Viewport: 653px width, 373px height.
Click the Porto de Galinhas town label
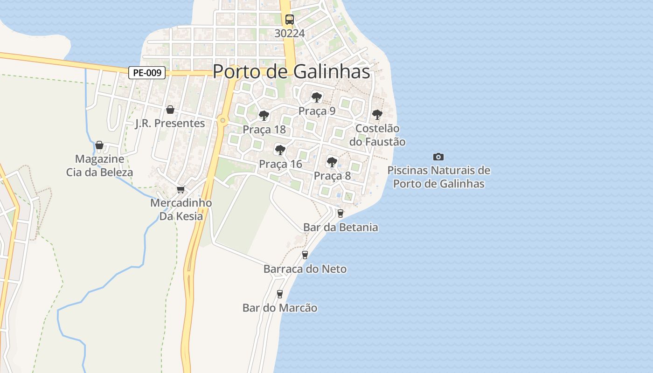[x=291, y=72]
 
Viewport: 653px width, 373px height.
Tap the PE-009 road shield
[x=147, y=73]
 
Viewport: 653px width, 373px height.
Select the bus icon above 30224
[x=290, y=20]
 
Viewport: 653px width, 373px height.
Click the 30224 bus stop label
[x=290, y=33]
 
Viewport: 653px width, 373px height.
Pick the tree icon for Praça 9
[x=317, y=97]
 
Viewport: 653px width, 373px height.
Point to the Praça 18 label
[x=264, y=130]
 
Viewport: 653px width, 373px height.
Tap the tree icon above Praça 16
[x=280, y=150]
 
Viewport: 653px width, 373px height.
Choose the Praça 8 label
[x=332, y=176]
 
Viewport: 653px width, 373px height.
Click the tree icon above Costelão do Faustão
[x=377, y=114]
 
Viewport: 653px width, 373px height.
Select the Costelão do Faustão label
[x=377, y=135]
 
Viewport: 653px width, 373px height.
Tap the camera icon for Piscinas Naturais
[x=438, y=157]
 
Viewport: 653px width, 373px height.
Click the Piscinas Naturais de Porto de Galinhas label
[x=438, y=177]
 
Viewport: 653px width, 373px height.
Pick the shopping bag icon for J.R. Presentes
[x=170, y=110]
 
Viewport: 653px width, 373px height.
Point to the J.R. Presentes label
[x=170, y=124]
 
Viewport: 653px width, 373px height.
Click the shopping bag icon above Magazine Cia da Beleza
[x=99, y=145]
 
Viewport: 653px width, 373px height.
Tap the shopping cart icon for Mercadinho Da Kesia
[x=181, y=189]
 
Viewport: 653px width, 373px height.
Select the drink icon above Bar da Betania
[x=340, y=214]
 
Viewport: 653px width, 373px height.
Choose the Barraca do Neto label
[x=305, y=269]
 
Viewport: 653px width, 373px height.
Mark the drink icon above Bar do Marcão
[x=280, y=294]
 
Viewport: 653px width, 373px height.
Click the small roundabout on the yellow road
[x=222, y=121]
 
